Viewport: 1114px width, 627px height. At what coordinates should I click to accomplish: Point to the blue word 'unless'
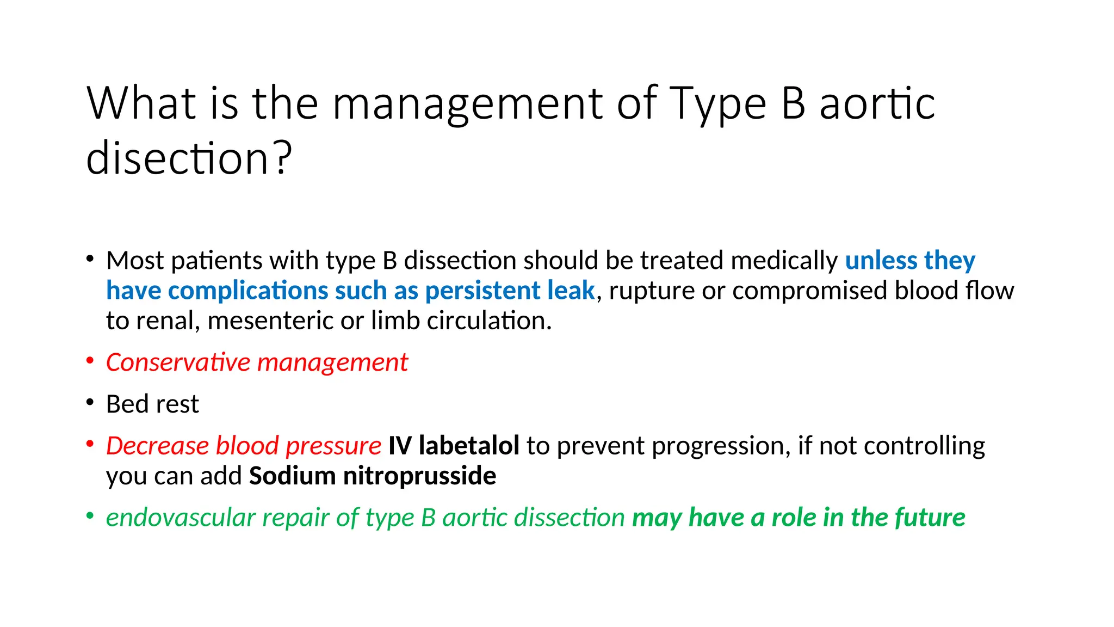point(881,260)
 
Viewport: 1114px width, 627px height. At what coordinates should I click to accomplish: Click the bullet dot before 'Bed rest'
point(90,403)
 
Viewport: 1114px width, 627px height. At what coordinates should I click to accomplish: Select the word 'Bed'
point(127,404)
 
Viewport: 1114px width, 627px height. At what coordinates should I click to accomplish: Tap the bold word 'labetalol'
point(469,446)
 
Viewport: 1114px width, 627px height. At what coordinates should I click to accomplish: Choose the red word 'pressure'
point(333,446)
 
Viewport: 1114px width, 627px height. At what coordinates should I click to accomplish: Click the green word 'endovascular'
point(181,518)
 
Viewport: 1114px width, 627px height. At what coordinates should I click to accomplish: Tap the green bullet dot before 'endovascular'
point(90,515)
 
